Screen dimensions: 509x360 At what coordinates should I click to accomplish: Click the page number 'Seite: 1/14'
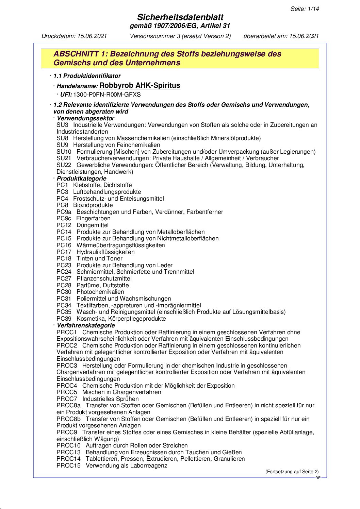(305, 9)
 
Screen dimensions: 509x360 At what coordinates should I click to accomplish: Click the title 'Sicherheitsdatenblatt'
(180, 17)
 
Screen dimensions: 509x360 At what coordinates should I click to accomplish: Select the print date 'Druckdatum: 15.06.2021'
(74, 36)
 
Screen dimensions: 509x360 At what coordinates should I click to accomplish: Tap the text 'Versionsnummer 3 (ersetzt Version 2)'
(180, 36)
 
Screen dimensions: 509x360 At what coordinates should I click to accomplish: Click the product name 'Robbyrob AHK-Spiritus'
(140, 85)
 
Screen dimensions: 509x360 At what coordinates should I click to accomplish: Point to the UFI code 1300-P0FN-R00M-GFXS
(107, 95)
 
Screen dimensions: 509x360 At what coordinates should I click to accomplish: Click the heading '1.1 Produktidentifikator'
(87, 76)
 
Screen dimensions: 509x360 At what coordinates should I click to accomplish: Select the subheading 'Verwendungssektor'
(85, 118)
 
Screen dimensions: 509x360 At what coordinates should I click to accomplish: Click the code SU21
(64, 158)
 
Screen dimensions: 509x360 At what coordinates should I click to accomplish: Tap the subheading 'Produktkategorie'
(81, 179)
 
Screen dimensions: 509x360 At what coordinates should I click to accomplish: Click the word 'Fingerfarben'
(93, 218)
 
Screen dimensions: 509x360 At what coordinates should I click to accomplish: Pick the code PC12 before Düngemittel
(64, 225)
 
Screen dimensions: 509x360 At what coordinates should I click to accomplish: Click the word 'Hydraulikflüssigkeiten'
(105, 252)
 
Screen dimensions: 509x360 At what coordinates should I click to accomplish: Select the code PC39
(64, 319)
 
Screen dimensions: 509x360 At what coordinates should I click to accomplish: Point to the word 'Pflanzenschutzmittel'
(104, 278)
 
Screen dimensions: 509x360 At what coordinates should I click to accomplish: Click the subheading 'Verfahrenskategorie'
(86, 325)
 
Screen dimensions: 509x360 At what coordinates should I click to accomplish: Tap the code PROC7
(67, 399)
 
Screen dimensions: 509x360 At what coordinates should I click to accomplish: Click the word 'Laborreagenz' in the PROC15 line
(150, 465)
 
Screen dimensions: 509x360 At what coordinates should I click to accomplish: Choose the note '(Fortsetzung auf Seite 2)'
(292, 472)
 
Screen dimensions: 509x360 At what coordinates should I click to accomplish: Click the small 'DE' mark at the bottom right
(318, 478)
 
